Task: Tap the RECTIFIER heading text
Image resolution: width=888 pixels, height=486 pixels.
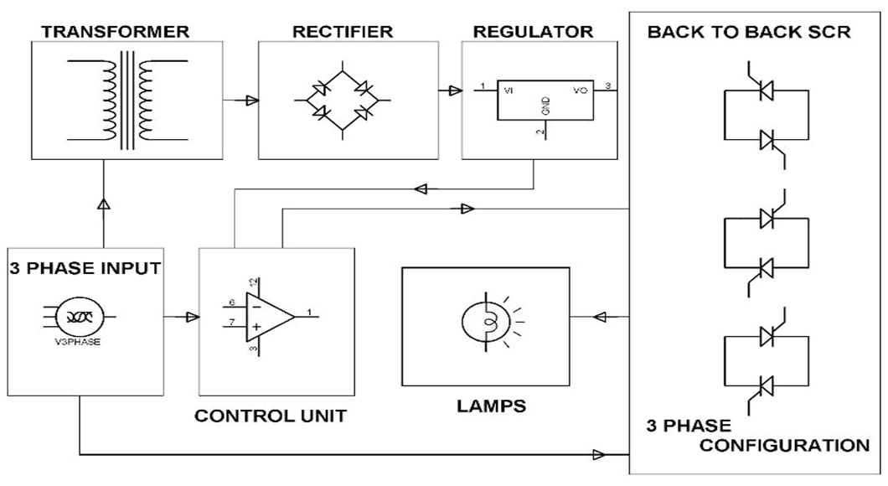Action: (343, 32)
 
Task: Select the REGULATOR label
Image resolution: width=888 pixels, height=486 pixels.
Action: (533, 32)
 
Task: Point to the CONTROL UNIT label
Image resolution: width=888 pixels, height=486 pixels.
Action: (270, 415)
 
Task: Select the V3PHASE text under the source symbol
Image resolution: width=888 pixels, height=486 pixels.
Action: (80, 341)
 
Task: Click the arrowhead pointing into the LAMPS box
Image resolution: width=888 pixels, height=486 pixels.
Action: (599, 317)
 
